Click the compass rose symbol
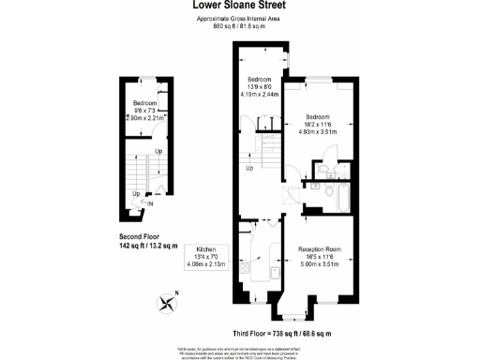pyautogui.click(x=169, y=302)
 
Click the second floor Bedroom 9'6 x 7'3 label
pyautogui.click(x=148, y=110)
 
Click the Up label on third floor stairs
pyautogui.click(x=249, y=169)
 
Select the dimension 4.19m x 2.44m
pyautogui.click(x=260, y=95)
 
